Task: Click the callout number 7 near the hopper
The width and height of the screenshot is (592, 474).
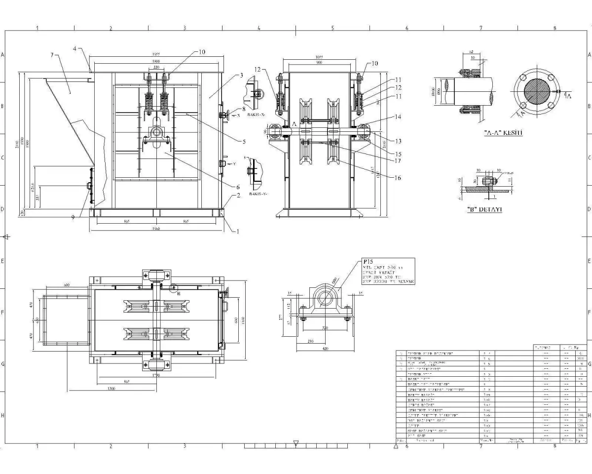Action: (x=52, y=55)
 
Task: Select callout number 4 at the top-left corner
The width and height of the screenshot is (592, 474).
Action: (x=75, y=49)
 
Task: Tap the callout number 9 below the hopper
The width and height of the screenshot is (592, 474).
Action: (x=73, y=216)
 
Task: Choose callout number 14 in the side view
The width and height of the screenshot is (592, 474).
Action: (x=398, y=117)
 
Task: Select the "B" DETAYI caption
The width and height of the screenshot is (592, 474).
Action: (x=484, y=209)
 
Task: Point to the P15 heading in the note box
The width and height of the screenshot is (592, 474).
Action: (x=368, y=262)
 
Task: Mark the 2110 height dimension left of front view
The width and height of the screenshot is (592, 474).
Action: (x=18, y=144)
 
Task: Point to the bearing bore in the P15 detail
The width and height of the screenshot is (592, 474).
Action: (x=324, y=298)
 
